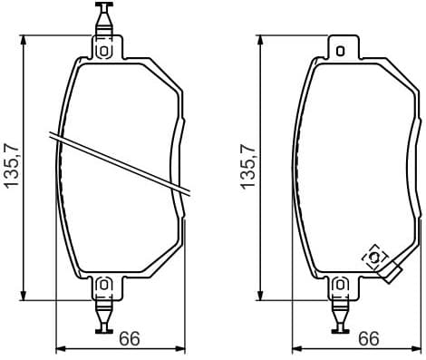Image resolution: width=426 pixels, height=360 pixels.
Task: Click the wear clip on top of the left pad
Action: point(103,17)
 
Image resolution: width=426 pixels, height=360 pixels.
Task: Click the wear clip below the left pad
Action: point(103,317)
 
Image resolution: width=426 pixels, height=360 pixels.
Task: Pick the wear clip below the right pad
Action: point(340,317)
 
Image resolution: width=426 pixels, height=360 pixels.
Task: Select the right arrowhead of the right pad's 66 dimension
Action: point(416,347)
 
